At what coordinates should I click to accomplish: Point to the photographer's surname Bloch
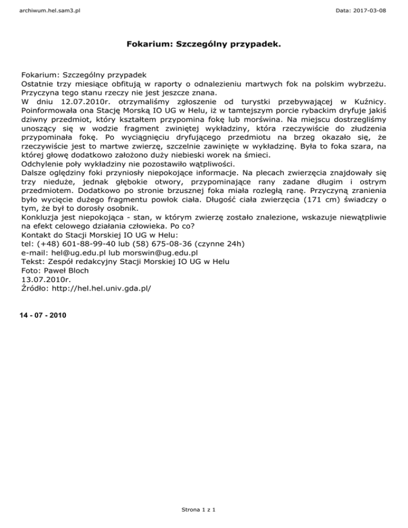pos(77,273)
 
